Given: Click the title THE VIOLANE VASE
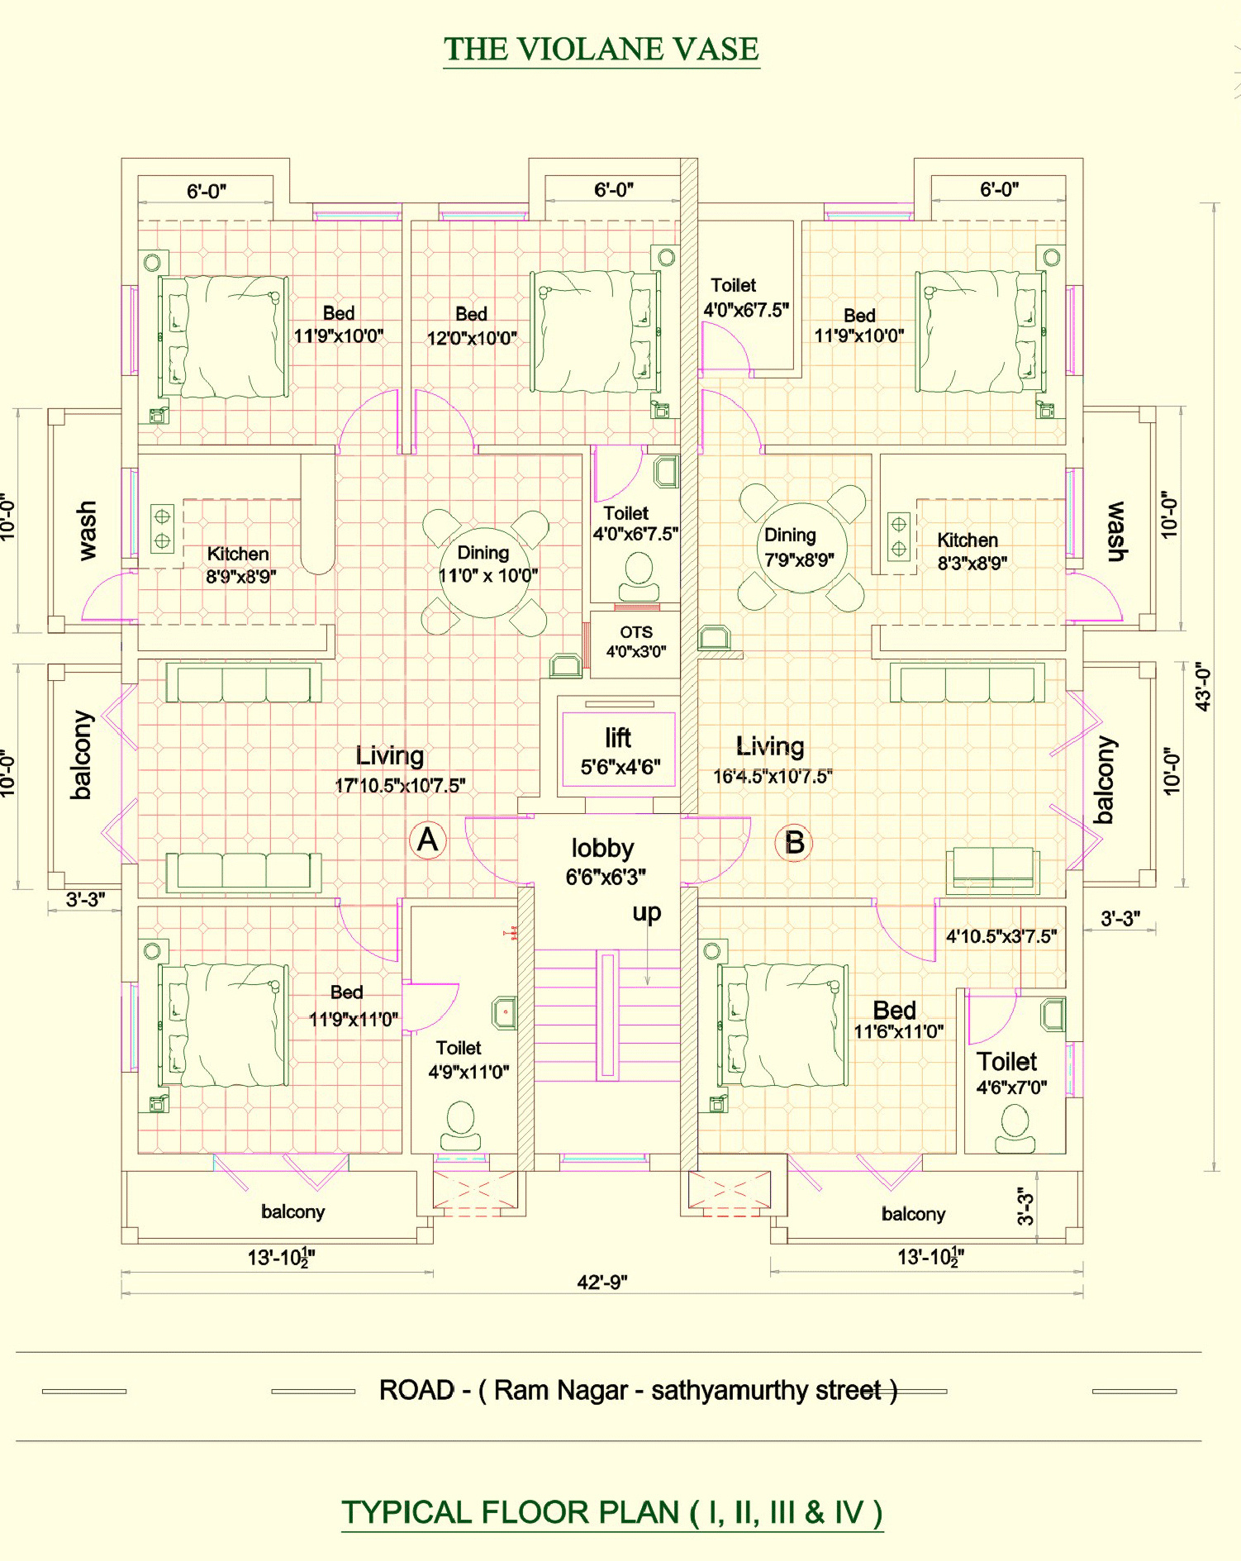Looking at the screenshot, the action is (x=601, y=50).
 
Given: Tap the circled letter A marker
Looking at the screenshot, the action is (x=428, y=840).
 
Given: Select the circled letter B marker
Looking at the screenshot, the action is (x=794, y=843).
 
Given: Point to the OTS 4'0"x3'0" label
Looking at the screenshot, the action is (x=636, y=641).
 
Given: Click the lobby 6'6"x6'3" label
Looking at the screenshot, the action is (x=605, y=862).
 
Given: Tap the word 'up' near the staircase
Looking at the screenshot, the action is (x=647, y=913).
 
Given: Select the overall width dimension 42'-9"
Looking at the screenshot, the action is (x=602, y=1282).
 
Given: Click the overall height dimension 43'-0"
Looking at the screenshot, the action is (x=1204, y=687).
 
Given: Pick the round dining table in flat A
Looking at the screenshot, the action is (x=485, y=573).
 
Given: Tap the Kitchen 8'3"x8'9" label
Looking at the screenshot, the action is (x=971, y=551).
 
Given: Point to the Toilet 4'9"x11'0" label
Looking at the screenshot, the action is (x=468, y=1060).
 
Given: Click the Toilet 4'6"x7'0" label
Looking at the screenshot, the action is (x=1010, y=1073).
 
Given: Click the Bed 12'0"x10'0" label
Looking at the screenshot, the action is (x=472, y=326).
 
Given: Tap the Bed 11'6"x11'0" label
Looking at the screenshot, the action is (x=898, y=1020).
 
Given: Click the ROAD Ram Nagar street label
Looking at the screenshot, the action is (x=638, y=1391).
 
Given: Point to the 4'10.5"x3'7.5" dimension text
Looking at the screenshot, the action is (x=1001, y=936).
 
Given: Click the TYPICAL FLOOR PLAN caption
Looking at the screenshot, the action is (x=612, y=1512).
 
